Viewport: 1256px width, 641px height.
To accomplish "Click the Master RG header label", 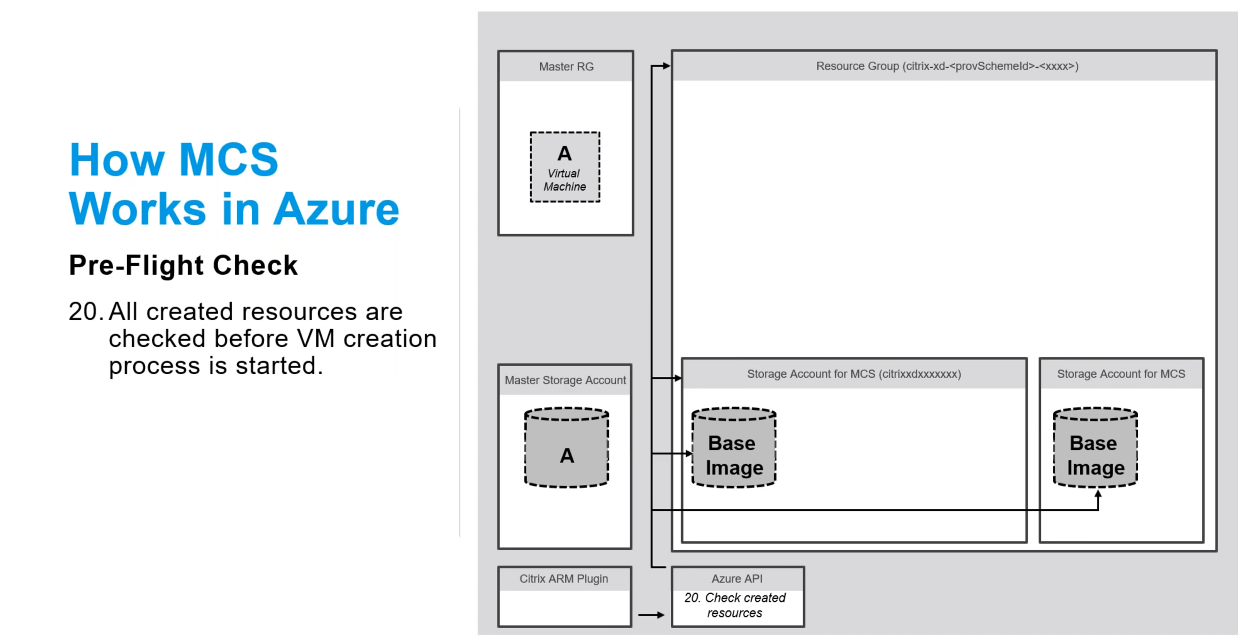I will tap(566, 67).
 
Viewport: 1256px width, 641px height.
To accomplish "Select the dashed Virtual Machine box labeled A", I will tap(564, 167).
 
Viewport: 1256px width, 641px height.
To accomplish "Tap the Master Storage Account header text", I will tap(565, 380).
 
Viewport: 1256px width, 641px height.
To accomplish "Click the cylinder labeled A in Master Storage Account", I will tap(567, 449).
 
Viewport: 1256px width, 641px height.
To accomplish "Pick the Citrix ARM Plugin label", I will tap(564, 579).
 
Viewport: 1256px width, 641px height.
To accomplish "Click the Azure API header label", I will tap(737, 579).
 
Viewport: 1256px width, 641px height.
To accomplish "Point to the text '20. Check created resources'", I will tap(735, 606).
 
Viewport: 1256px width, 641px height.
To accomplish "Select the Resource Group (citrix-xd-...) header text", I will tap(947, 66).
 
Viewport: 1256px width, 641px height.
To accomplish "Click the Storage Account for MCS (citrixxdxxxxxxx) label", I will tap(854, 374).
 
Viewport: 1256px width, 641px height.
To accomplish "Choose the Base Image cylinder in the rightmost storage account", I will tap(1095, 449).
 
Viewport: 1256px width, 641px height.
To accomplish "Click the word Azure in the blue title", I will tap(336, 209).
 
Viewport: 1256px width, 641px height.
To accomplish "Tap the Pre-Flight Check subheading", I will tap(183, 265).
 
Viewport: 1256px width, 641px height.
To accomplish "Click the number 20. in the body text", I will tap(85, 312).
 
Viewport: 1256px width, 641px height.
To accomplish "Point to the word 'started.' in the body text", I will tap(279, 366).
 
